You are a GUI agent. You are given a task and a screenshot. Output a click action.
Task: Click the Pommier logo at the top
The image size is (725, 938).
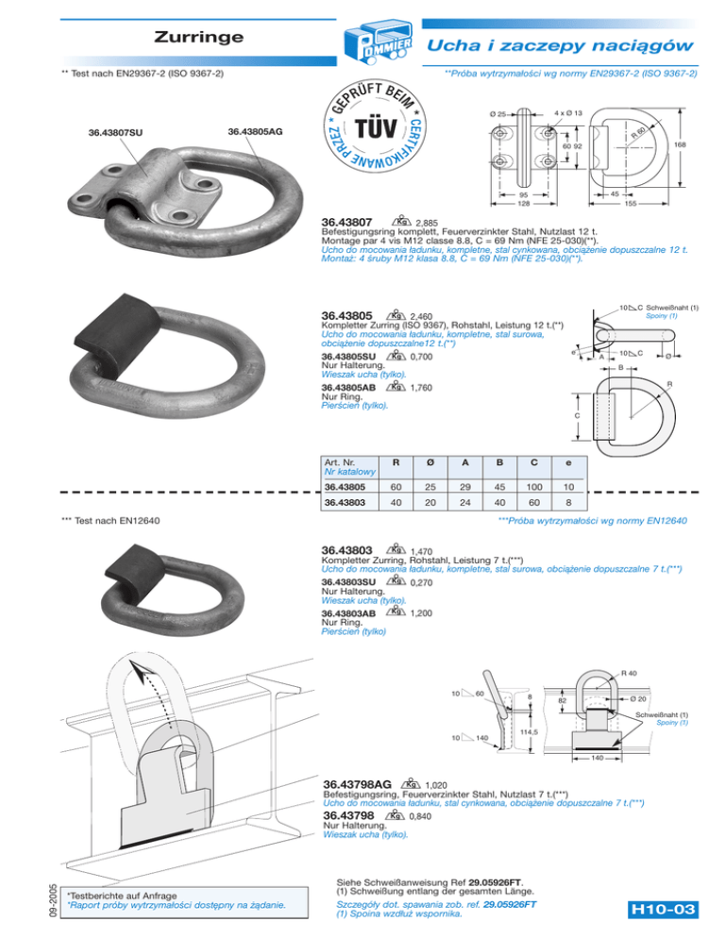(x=362, y=42)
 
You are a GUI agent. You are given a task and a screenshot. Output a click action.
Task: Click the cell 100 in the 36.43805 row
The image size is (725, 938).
(x=533, y=487)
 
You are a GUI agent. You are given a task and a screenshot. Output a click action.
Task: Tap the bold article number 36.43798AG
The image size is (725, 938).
(x=358, y=784)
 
